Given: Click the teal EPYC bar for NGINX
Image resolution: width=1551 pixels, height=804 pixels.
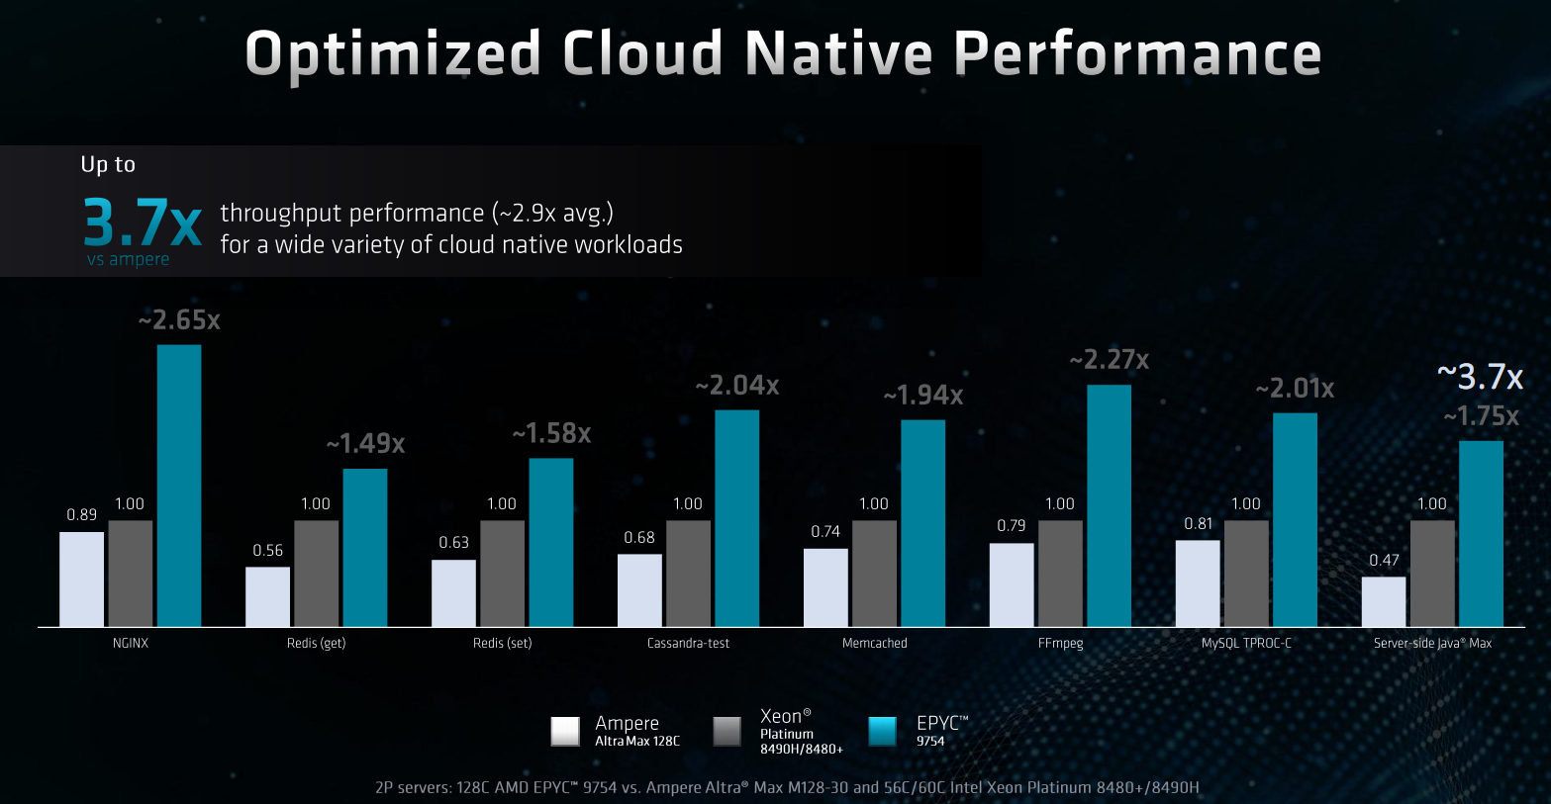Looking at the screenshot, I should pyautogui.click(x=179, y=486).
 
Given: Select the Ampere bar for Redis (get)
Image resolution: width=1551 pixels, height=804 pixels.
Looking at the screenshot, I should pyautogui.click(x=267, y=596).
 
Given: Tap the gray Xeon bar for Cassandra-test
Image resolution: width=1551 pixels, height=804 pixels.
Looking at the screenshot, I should pyautogui.click(x=688, y=574).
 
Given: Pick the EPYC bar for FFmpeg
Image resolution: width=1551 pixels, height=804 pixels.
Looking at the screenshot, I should pyautogui.click(x=1109, y=505).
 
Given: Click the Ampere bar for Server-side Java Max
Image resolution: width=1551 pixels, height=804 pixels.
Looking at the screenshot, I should pyautogui.click(x=1383, y=601).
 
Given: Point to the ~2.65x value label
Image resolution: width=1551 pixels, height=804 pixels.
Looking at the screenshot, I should pyautogui.click(x=179, y=320).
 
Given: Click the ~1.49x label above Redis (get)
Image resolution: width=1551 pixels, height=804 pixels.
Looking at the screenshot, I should pyautogui.click(x=365, y=444).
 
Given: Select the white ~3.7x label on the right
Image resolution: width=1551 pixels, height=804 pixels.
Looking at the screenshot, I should pyautogui.click(x=1480, y=377).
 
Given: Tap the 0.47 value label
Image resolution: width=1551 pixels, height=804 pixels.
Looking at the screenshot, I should pyautogui.click(x=1384, y=561).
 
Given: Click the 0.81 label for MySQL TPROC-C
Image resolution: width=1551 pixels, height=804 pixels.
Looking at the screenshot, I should pyautogui.click(x=1198, y=524).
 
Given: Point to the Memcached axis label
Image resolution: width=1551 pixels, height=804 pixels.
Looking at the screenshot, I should pyautogui.click(x=874, y=643).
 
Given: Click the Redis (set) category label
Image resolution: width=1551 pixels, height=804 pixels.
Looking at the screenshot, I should pyautogui.click(x=502, y=643).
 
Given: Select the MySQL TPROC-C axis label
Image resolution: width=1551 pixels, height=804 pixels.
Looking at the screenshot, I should pyautogui.click(x=1246, y=643).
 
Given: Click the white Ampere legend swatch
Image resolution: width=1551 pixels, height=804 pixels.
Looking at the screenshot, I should pyautogui.click(x=565, y=731).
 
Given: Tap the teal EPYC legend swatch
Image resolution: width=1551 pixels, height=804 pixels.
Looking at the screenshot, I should pyautogui.click(x=882, y=731).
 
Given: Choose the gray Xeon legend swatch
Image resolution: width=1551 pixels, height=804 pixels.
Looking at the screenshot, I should pyautogui.click(x=727, y=731).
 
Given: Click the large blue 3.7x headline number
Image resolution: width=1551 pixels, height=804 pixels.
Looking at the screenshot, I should pyautogui.click(x=143, y=222).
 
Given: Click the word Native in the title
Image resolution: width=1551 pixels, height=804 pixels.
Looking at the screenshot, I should pyautogui.click(x=838, y=53).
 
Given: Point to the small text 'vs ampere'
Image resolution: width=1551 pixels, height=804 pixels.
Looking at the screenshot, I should pyautogui.click(x=128, y=259).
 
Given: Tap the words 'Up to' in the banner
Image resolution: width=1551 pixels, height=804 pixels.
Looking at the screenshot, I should pyautogui.click(x=108, y=164).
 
